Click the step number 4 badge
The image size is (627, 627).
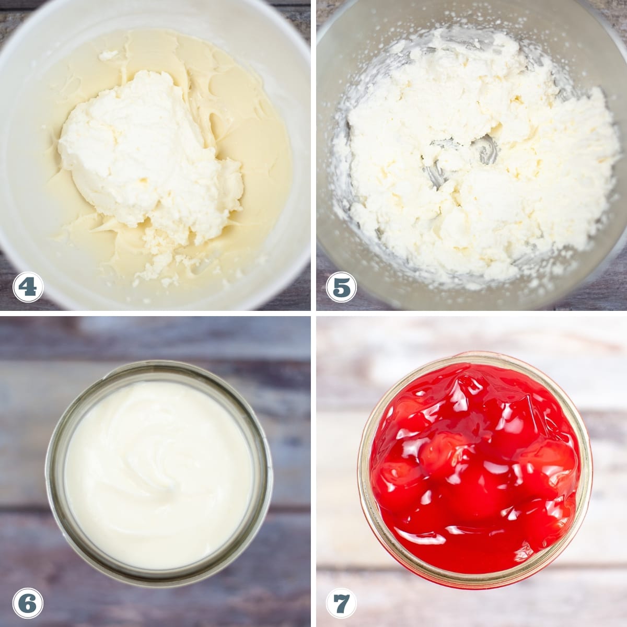tap(28, 287)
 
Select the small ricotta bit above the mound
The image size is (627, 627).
tap(109, 55)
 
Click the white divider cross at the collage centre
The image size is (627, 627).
tap(313, 313)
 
